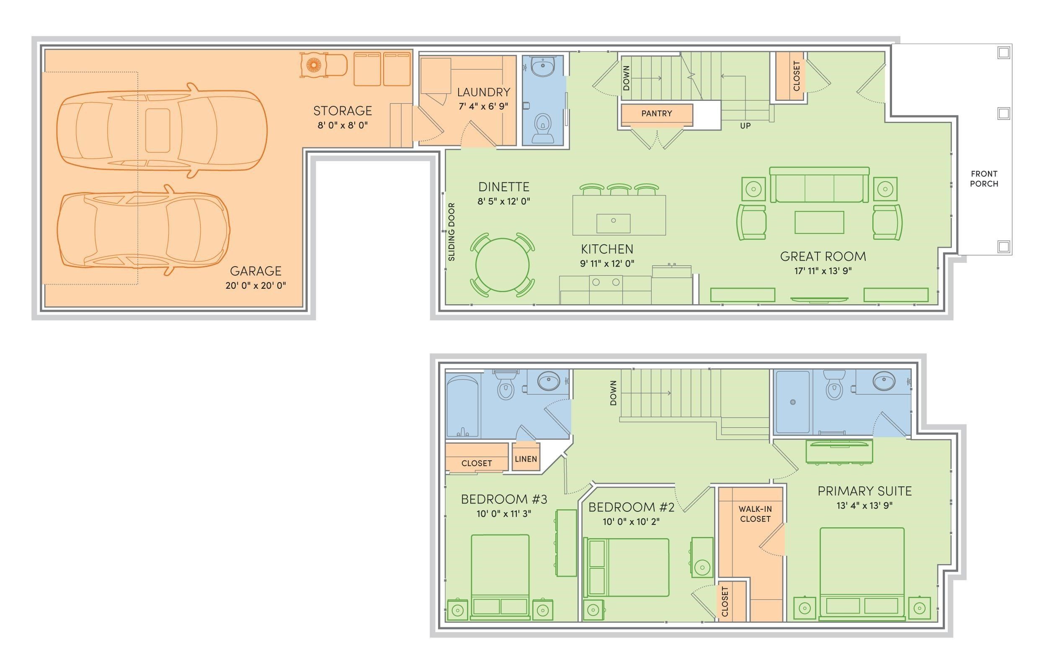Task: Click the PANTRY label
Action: (x=657, y=113)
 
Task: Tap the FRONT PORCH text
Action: (x=984, y=179)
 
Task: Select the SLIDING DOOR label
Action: (x=451, y=232)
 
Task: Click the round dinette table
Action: (x=503, y=265)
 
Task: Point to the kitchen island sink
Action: (x=614, y=223)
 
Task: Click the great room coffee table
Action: (x=819, y=222)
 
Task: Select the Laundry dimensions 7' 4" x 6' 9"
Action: (x=483, y=106)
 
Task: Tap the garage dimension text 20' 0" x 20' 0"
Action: (x=255, y=286)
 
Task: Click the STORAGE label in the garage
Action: (x=343, y=111)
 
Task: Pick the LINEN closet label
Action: (x=526, y=459)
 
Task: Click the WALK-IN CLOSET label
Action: (x=755, y=514)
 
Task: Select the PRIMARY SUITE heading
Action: (x=864, y=491)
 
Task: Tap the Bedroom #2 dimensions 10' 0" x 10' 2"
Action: (x=631, y=521)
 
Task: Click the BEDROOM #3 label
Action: (x=504, y=499)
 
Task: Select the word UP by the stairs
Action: (x=745, y=126)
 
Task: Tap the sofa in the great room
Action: (x=819, y=185)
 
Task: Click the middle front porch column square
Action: (x=1003, y=113)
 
